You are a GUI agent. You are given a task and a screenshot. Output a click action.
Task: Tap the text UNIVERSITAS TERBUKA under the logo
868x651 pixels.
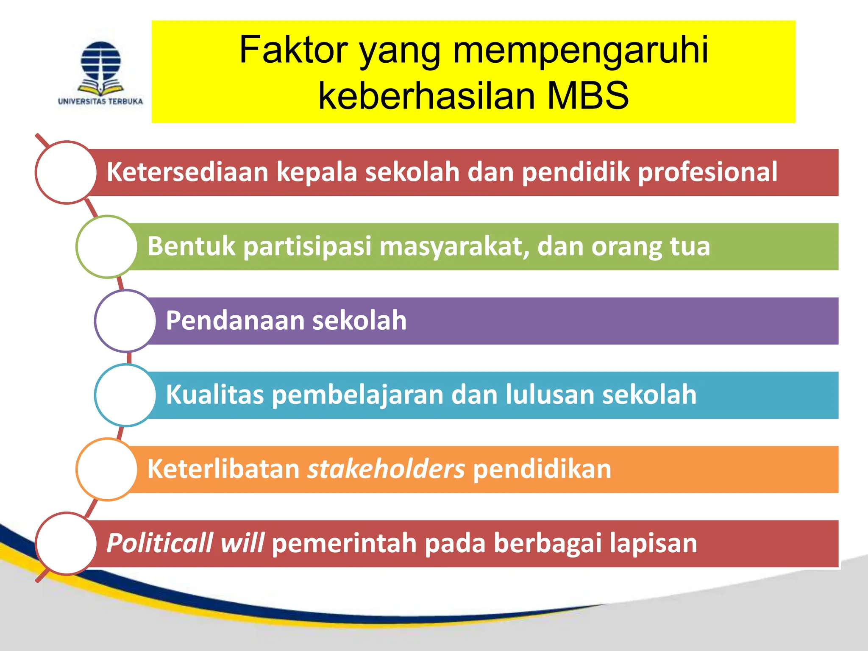click(100, 101)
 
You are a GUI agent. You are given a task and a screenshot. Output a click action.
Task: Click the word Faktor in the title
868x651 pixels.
click(293, 50)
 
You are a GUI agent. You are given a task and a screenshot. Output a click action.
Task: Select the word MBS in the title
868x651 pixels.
click(587, 96)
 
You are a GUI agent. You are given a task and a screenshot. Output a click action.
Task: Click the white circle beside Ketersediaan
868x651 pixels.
click(67, 172)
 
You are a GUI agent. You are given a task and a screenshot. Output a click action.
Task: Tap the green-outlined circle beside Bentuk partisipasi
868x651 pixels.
click(107, 247)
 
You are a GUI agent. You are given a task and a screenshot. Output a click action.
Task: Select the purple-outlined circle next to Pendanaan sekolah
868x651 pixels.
click(126, 321)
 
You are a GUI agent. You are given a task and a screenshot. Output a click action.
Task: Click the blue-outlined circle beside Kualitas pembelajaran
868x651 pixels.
click(126, 395)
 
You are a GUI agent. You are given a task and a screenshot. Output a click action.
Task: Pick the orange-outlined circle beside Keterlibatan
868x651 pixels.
click(107, 469)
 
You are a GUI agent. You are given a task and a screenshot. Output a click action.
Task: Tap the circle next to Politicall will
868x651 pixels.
click(67, 543)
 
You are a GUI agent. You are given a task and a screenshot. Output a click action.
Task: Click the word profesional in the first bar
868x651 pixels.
click(707, 172)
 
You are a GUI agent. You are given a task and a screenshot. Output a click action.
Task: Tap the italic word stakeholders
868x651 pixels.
click(386, 469)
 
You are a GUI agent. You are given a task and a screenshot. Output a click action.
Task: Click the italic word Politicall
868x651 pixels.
click(159, 543)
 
